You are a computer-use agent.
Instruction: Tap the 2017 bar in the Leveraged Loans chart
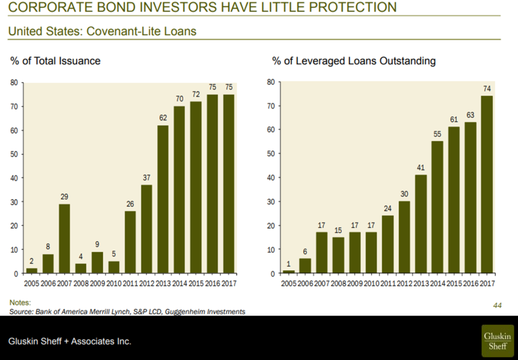(x=487, y=185)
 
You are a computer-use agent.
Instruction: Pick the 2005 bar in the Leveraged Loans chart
(x=288, y=272)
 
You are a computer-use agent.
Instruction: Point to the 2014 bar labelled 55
(x=437, y=207)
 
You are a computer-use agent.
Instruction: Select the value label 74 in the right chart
(x=487, y=88)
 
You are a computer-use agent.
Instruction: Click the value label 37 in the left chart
(x=147, y=177)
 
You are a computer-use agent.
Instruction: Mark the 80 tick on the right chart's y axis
(x=271, y=82)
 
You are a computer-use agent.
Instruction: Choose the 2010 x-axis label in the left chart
(x=114, y=284)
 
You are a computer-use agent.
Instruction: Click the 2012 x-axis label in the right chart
(x=404, y=284)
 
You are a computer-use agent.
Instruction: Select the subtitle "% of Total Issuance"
(x=55, y=61)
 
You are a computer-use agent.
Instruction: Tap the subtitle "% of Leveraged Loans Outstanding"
(x=354, y=61)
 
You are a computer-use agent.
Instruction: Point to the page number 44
(x=497, y=305)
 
